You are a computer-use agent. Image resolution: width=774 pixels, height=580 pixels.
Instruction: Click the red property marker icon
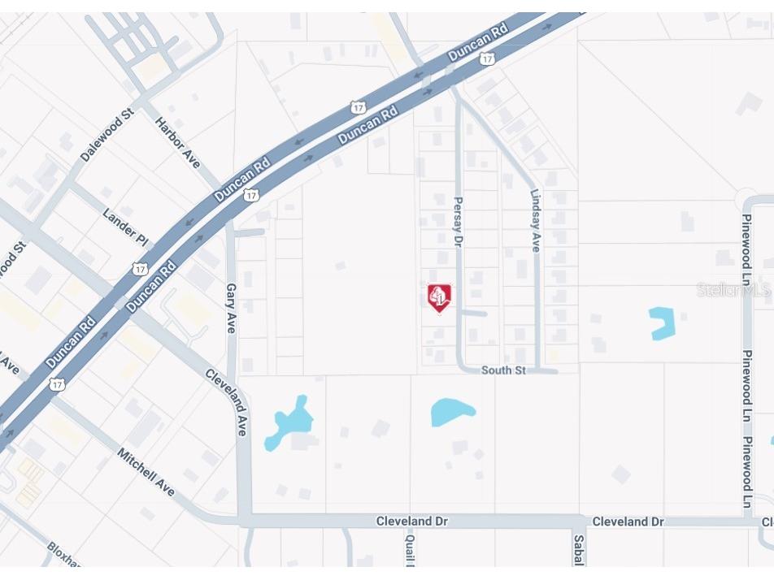pos(439,297)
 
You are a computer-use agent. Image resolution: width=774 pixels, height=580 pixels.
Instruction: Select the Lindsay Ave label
pos(535,221)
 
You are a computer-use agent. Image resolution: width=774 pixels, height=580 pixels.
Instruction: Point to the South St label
pos(503,370)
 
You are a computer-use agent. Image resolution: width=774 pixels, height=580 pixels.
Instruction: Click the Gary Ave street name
pos(231,302)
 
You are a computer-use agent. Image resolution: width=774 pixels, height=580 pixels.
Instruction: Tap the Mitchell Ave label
pos(146,471)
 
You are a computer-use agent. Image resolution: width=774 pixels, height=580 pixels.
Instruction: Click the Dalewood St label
pos(107,137)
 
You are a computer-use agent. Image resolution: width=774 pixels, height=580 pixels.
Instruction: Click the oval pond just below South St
pos(452,412)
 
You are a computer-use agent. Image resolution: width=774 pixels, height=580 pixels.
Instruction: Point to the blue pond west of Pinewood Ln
pos(663,322)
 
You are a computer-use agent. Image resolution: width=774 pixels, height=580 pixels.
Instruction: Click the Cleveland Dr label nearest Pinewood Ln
pos(627,522)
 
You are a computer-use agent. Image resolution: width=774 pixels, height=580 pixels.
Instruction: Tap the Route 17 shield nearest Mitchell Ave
pos(56,383)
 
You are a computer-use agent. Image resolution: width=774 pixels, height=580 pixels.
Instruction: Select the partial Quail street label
pos(411,550)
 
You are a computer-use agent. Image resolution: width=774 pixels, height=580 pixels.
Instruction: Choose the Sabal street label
pos(578,550)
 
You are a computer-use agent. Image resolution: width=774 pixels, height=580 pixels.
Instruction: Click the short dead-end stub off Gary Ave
pos(250,233)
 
